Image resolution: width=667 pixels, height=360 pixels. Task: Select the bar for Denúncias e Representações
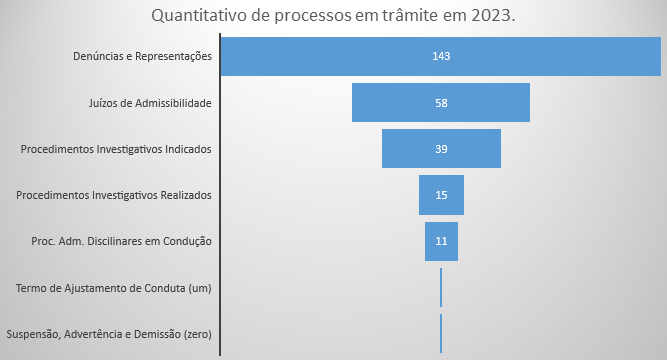[300, 56]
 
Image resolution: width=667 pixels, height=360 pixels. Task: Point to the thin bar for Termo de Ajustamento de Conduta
[441, 287]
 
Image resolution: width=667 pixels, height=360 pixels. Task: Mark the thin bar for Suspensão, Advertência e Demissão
[441, 333]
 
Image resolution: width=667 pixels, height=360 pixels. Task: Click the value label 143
[441, 56]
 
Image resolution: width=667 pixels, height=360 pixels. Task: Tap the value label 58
[441, 102]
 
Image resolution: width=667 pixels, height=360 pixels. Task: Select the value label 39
[441, 149]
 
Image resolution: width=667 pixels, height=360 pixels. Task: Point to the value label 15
[441, 195]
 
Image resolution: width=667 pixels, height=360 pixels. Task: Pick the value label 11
[441, 241]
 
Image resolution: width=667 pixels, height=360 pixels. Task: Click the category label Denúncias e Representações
[144, 56]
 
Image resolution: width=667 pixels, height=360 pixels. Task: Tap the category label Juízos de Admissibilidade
[151, 102]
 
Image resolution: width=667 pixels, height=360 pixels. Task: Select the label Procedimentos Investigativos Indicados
[116, 149]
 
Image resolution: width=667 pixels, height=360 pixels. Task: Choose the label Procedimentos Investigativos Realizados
[114, 195]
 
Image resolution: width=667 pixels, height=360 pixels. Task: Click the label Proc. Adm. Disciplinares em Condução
[122, 241]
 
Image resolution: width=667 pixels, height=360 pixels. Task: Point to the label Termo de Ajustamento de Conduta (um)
[114, 288]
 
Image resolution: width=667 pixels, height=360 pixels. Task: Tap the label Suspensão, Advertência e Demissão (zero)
[109, 334]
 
